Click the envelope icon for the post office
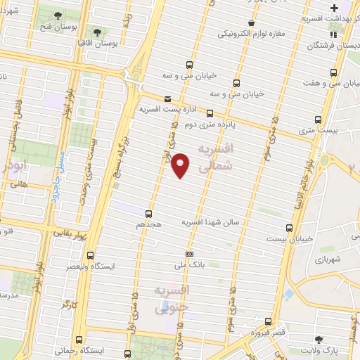[167, 99]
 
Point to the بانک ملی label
[188, 266]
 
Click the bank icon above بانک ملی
[189, 254]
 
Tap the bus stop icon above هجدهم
[148, 213]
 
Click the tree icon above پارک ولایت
[319, 338]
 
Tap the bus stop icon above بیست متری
[318, 119]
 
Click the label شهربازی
[328, 260]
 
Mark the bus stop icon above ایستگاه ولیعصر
[89, 255]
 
